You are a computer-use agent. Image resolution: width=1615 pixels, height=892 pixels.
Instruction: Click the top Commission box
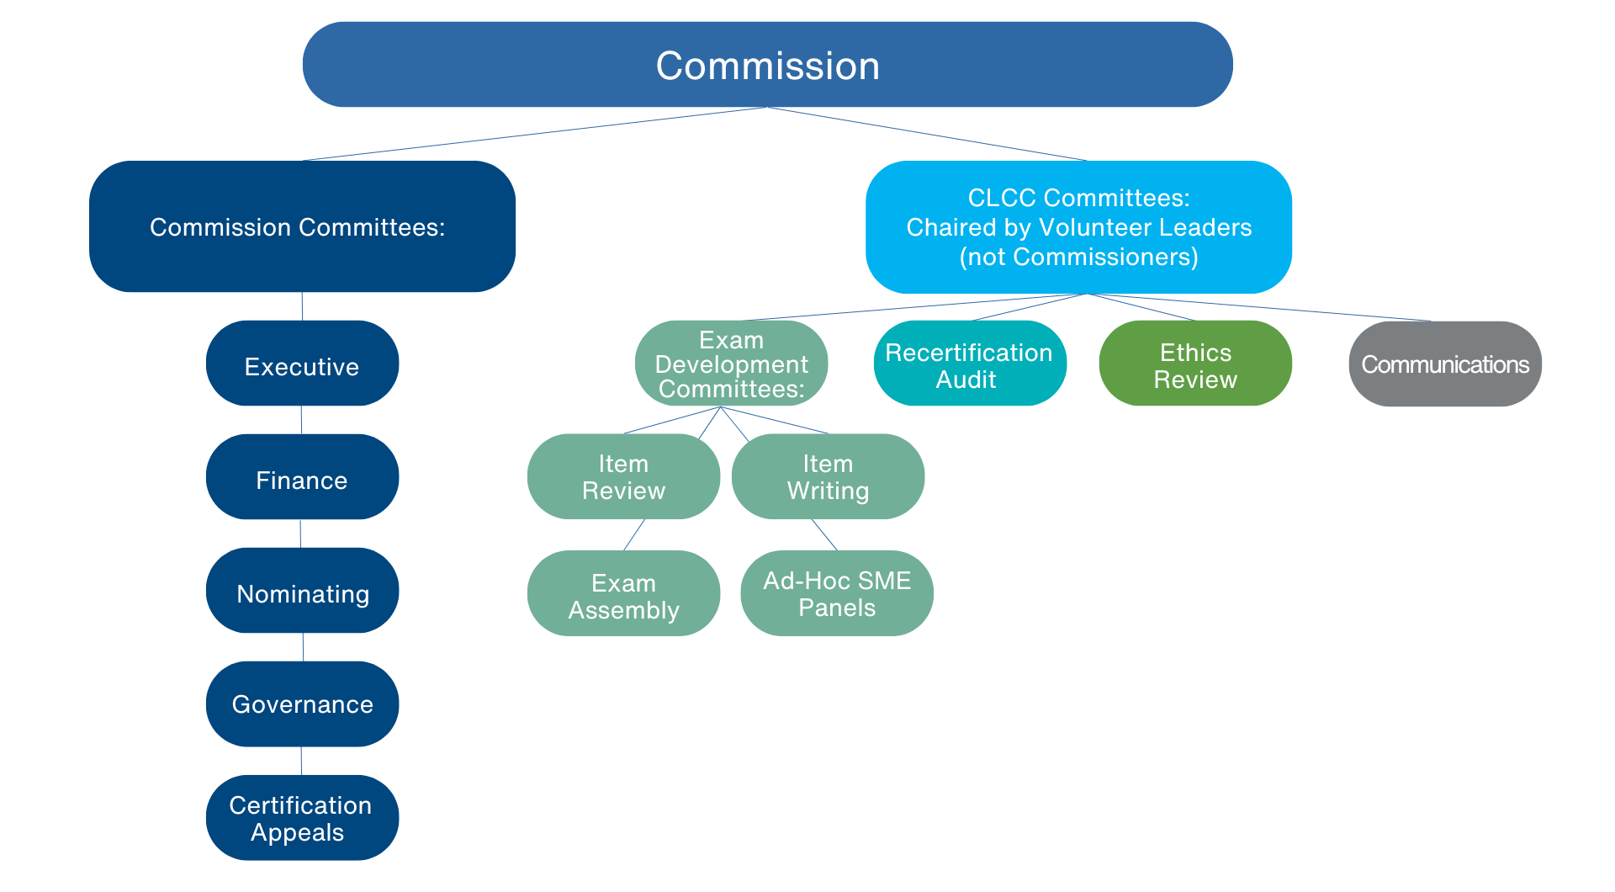(767, 65)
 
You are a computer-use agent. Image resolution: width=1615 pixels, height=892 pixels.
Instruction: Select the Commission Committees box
(302, 226)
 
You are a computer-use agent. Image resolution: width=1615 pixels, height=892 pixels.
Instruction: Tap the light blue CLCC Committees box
(1078, 227)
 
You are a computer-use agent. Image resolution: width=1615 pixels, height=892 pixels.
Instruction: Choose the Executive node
(302, 363)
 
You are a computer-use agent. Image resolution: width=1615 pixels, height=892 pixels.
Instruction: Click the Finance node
(302, 476)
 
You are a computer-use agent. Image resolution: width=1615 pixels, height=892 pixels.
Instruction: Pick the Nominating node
(302, 590)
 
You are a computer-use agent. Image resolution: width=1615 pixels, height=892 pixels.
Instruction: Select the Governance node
(302, 704)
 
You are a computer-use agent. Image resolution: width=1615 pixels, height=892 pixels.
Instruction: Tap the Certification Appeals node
(302, 817)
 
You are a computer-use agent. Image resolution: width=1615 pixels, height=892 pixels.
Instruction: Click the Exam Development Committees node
(731, 364)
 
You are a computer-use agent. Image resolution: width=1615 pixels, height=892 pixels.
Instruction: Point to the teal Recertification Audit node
(970, 363)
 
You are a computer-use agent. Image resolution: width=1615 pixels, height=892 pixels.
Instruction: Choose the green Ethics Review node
(1195, 363)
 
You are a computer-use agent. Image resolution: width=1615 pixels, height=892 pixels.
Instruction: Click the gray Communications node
(1445, 364)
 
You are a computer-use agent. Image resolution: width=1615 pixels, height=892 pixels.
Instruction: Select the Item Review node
(623, 476)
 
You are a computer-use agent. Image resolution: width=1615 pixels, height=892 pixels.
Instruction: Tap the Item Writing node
(828, 476)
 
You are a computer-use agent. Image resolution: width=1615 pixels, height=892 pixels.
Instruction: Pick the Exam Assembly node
(623, 593)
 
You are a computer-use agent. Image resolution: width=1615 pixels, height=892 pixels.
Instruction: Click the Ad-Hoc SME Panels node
(837, 593)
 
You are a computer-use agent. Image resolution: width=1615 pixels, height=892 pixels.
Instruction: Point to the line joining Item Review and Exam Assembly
(634, 534)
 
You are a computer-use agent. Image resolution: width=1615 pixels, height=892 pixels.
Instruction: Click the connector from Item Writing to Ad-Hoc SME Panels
(824, 534)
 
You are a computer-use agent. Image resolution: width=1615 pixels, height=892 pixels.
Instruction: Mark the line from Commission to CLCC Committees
(927, 134)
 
